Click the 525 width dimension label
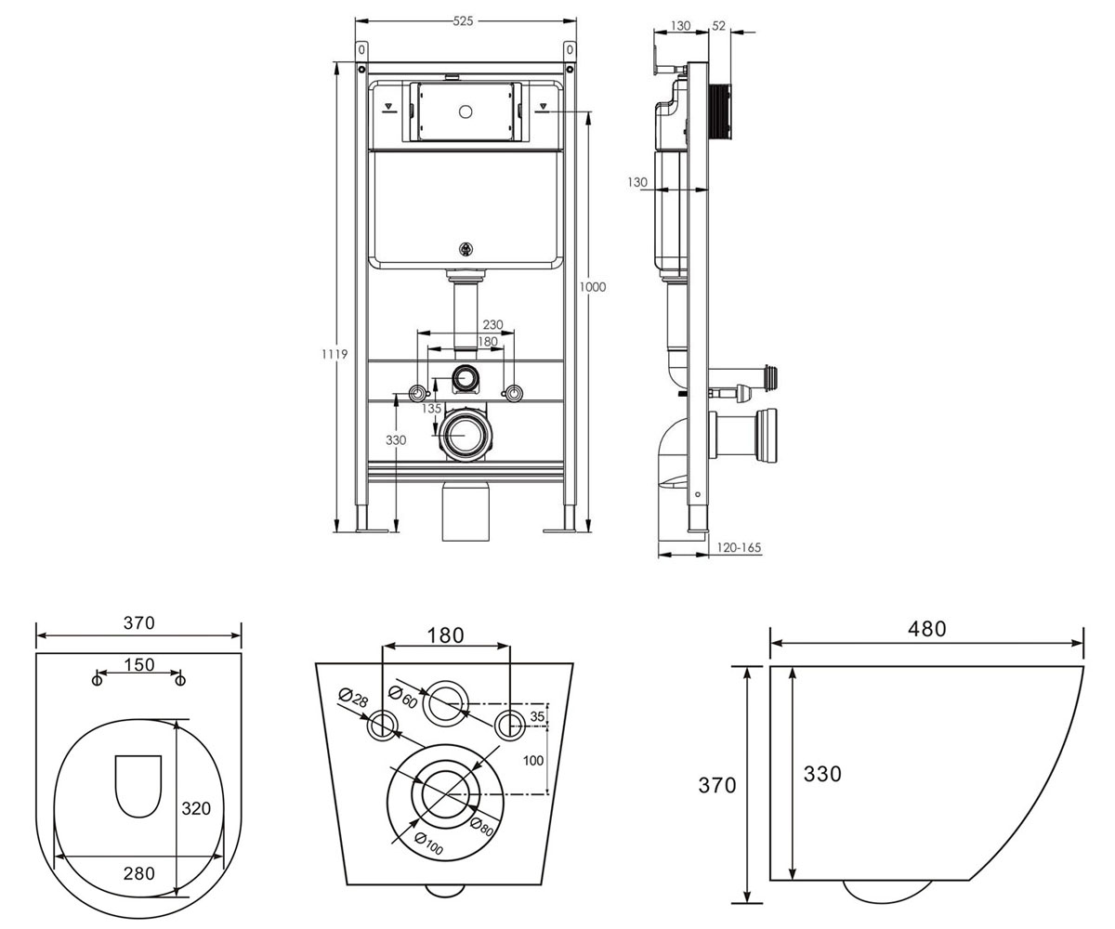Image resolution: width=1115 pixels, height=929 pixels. (463, 21)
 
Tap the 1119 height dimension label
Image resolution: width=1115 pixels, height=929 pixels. (334, 353)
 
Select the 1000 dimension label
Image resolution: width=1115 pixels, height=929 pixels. (593, 287)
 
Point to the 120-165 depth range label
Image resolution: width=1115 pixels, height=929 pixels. (739, 547)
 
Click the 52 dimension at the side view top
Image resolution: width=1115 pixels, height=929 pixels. (719, 26)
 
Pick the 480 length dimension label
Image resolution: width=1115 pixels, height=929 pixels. (927, 629)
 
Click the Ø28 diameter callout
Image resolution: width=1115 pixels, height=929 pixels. (353, 698)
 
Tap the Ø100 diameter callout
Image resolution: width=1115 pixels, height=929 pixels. (427, 844)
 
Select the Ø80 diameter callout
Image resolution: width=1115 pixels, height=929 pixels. (481, 826)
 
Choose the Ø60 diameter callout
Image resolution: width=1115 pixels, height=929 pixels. (403, 696)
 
